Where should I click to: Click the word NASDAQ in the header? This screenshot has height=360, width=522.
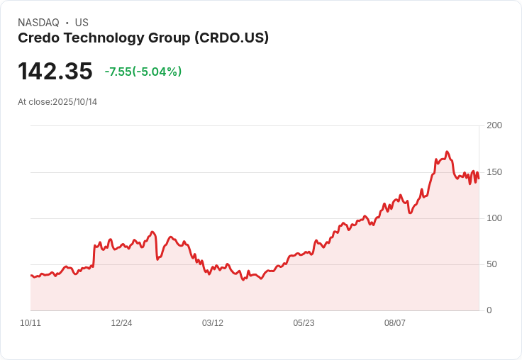(38, 23)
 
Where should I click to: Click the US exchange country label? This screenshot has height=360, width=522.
(82, 23)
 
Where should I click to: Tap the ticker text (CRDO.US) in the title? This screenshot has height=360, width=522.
(231, 38)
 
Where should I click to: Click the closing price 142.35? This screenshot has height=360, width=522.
(55, 72)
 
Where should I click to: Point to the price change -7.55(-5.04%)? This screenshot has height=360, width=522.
(143, 72)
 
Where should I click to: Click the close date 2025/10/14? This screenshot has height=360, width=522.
(75, 102)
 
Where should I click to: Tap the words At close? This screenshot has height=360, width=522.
(34, 102)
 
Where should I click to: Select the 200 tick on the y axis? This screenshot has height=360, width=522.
(494, 125)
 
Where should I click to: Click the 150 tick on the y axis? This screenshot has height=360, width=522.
(494, 171)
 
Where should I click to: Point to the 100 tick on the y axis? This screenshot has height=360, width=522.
(494, 218)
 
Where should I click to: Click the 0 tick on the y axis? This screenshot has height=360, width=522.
(489, 310)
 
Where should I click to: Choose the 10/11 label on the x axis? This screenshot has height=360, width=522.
(30, 323)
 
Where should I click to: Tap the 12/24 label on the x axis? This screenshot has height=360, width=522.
(121, 323)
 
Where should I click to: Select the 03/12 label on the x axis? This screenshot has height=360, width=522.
(213, 323)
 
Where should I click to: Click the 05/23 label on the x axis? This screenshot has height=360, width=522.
(304, 323)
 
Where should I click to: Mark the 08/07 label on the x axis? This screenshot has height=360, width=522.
(395, 323)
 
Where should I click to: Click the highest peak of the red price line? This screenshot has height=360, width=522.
(447, 152)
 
